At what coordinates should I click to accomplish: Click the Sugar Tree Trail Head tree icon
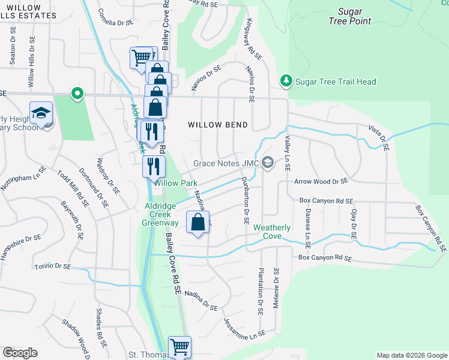286,81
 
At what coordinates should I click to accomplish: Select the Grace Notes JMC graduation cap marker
268,163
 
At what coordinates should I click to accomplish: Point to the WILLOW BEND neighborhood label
218,125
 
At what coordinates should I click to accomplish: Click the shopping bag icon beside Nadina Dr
198,222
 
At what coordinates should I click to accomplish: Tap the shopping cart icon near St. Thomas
179,346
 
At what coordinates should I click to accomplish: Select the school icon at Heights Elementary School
41,113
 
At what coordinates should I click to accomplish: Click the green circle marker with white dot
76,94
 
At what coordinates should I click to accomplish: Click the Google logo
20,353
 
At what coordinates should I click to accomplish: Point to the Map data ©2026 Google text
411,355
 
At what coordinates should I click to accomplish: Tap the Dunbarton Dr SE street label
245,201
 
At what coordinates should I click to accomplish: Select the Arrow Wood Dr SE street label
321,181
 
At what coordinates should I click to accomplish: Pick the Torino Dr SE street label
53,266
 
